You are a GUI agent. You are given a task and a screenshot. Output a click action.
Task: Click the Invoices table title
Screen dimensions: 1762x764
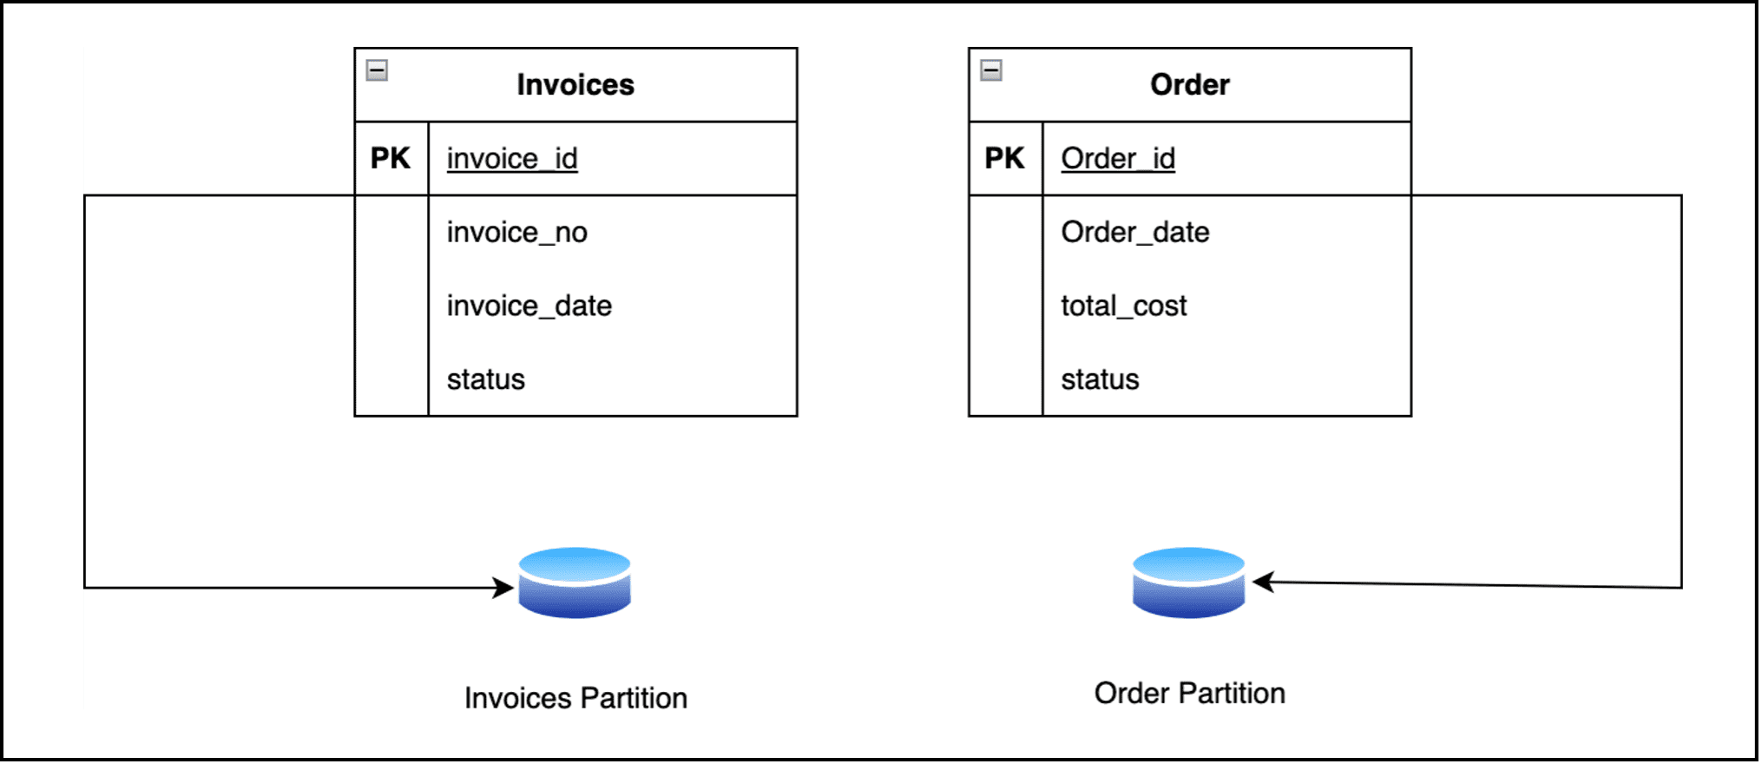(575, 84)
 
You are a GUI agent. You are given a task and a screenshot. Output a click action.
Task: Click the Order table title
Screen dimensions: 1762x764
(1190, 84)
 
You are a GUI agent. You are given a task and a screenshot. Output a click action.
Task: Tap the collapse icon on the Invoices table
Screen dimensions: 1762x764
(377, 70)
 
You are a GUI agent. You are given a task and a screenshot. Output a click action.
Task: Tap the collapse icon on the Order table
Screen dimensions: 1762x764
(991, 70)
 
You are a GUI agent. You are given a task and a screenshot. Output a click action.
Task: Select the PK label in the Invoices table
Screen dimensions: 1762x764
(391, 158)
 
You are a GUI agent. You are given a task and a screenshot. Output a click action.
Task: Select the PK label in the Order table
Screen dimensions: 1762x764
(1005, 158)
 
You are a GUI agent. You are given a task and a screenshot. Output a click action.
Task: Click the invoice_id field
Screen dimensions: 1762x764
(512, 159)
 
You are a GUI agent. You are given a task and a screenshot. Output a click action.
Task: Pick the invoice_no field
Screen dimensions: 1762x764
(517, 233)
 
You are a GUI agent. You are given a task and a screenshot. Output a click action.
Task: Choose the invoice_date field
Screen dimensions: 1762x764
(529, 306)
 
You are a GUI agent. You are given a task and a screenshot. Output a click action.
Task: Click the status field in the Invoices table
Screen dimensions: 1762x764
(486, 379)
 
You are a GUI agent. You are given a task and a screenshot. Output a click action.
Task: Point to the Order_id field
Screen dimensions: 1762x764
(1118, 159)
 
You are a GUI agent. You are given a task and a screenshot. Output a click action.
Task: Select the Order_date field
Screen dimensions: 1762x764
(1135, 233)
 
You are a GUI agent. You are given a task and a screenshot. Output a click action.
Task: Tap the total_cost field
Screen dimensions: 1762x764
(1124, 306)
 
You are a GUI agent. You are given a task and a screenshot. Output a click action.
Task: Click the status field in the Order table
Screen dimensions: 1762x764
(1101, 379)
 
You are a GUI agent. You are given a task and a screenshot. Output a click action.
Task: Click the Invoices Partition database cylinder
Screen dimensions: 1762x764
(575, 583)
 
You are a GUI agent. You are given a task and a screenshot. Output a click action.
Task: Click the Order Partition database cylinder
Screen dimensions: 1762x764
(1189, 583)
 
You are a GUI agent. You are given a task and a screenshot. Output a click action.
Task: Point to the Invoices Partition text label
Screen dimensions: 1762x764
(575, 698)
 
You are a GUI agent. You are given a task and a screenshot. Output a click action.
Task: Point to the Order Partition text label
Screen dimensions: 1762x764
(1190, 693)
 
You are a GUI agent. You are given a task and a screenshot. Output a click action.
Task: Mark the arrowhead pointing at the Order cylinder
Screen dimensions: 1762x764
(1263, 582)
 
